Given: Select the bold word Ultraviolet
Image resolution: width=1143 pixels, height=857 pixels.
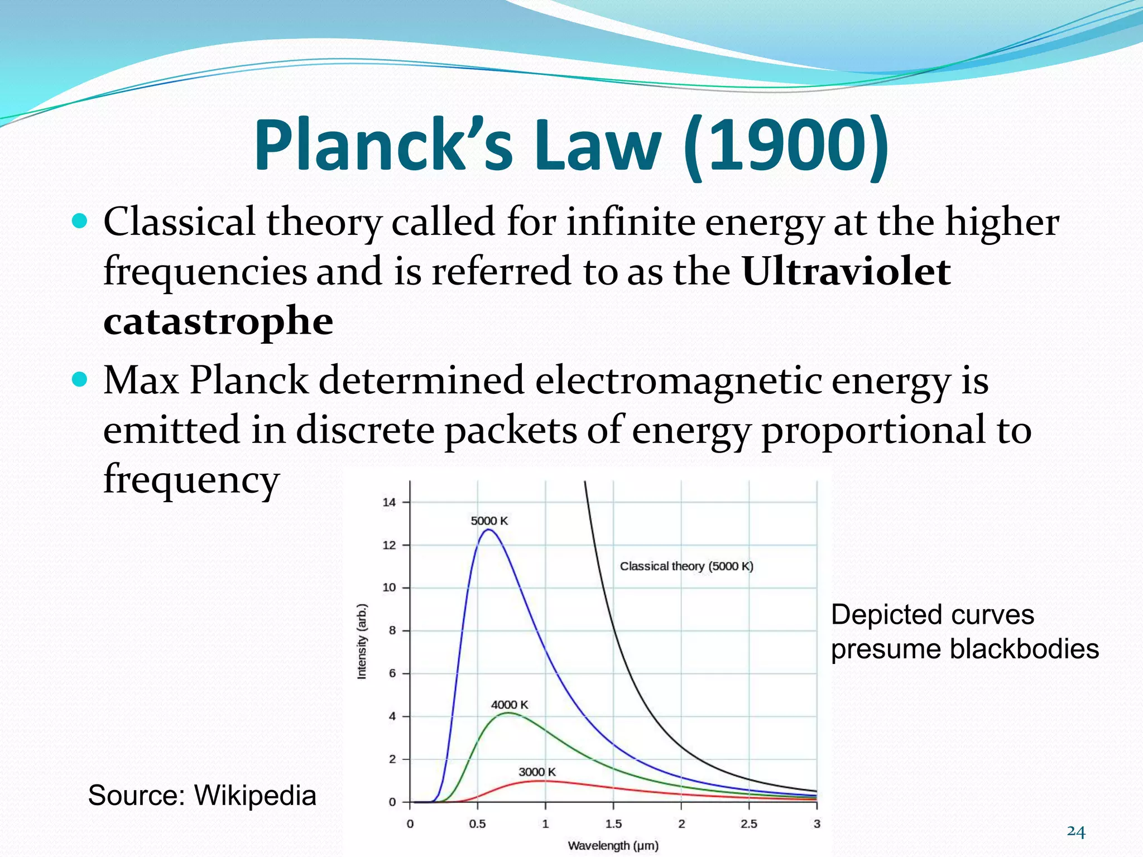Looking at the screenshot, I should (x=846, y=272).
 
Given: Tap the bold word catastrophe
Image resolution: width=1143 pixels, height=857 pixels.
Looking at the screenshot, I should (x=218, y=322).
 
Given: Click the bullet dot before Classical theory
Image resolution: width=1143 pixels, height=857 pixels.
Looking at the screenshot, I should (x=80, y=222).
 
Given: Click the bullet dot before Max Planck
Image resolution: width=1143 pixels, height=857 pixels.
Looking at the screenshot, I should (x=80, y=381).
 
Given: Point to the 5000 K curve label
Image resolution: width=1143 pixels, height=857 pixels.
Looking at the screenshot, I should (x=489, y=521).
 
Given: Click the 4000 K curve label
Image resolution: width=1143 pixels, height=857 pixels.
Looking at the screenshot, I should (x=509, y=705).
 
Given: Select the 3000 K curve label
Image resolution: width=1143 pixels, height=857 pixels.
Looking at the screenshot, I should (x=537, y=772).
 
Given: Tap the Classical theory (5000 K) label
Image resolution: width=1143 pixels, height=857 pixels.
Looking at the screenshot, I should (x=686, y=566).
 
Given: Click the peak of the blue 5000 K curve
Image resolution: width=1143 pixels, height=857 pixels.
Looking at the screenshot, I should (x=489, y=530).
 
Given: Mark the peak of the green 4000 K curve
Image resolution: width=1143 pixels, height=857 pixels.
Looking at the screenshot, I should (x=508, y=713).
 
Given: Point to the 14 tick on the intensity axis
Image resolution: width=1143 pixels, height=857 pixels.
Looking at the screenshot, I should (x=389, y=502).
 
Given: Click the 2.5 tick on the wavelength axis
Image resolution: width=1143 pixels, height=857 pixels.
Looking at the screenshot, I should (x=749, y=824).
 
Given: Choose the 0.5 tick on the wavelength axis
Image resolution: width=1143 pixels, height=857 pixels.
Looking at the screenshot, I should (x=477, y=824).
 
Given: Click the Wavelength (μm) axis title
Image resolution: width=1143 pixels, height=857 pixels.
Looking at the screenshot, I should (x=613, y=845).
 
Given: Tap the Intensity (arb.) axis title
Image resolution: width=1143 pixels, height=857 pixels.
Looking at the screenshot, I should (x=362, y=642).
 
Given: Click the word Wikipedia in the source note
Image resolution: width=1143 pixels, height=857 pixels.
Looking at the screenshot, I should (x=255, y=795).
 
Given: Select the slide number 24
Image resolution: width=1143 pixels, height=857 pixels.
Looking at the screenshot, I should (x=1075, y=832).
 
